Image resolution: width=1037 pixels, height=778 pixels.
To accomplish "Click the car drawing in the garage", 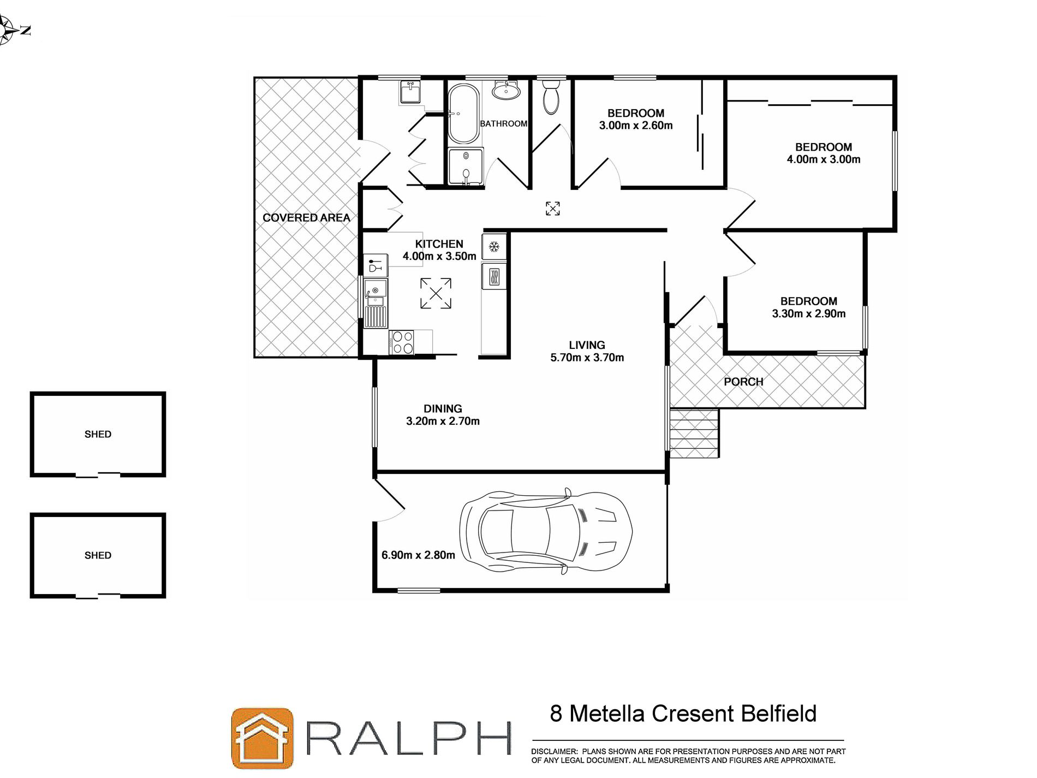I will pos(546,530).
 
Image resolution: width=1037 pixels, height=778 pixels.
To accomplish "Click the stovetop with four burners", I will pos(402,343).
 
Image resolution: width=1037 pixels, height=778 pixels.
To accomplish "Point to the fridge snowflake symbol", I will pos(494,247).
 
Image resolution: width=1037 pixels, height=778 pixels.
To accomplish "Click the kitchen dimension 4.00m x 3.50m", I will pos(439,256).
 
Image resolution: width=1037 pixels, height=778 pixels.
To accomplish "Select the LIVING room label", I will pos(587,345).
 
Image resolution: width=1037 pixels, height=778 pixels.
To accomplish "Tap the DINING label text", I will pos(443,408).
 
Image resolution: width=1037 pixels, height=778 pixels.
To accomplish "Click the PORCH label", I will pos(743,382).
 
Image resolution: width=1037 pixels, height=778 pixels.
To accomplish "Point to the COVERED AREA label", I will pos(306,218).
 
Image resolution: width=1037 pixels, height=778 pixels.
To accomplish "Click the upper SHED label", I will pos(98,434).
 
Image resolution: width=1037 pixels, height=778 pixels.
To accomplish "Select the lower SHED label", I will pos(98,555).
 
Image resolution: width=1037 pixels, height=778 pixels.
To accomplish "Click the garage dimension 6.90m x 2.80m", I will pos(418,555).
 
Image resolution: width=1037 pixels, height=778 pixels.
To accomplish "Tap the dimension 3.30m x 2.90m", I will pos(808,313).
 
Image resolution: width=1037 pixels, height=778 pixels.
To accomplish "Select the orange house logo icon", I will pos(262,738).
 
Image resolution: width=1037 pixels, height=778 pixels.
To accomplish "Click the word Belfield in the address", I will pos(779,714).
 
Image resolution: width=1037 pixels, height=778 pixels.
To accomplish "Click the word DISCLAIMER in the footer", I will pos(553,751).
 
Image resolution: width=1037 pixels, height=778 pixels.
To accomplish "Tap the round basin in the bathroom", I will pos(506,90).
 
